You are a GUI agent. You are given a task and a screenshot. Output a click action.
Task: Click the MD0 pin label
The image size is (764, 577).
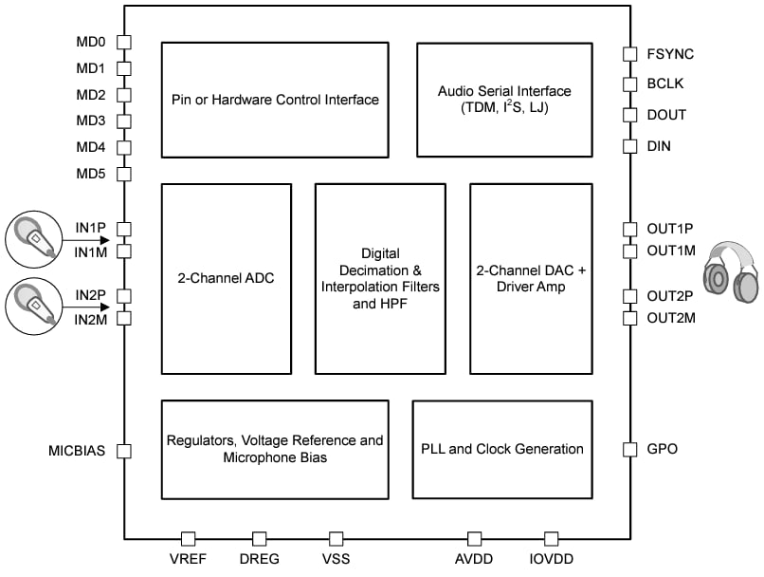(x=90, y=43)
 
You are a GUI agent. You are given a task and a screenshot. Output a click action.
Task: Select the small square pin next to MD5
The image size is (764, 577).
(x=124, y=175)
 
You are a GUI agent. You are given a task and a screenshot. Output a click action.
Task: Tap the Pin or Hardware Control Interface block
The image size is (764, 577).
(x=275, y=100)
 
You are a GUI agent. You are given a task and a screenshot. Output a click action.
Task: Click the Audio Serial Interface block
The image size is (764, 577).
(x=504, y=100)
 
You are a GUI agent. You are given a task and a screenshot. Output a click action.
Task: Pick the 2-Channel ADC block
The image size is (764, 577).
(x=226, y=278)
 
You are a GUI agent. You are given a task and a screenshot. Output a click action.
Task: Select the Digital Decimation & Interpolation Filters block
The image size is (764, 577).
(x=380, y=278)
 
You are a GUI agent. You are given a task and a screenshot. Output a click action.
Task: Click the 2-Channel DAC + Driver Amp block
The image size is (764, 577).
(x=531, y=278)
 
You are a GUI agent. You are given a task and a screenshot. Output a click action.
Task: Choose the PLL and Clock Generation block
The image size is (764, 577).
(x=502, y=449)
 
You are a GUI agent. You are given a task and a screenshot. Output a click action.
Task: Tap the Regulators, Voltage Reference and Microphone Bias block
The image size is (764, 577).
(x=275, y=449)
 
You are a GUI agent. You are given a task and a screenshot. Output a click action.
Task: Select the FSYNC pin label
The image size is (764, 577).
(x=666, y=54)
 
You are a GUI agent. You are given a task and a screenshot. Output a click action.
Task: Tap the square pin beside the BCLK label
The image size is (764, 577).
(x=629, y=84)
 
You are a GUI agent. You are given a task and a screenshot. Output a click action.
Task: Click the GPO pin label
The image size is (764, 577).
(x=662, y=449)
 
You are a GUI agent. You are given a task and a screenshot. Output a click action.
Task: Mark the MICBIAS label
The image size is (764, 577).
(x=77, y=450)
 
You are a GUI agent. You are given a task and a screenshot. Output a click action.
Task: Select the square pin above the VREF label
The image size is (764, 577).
(x=189, y=538)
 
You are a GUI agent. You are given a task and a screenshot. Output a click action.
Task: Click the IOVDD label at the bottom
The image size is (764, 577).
(x=551, y=559)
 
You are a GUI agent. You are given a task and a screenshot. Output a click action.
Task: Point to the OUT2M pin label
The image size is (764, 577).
(x=671, y=318)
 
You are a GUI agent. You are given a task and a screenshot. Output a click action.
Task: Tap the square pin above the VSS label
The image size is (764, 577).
(x=336, y=538)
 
